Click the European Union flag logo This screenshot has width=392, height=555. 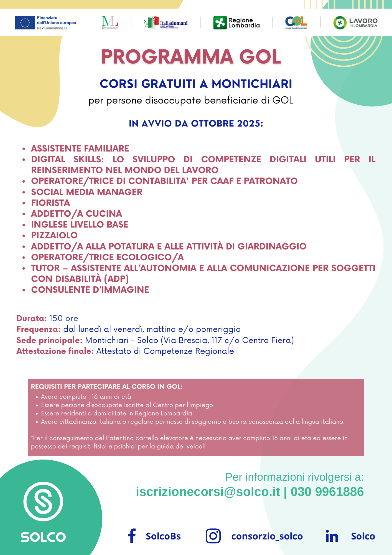click(25, 23)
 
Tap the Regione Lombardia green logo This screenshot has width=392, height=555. click(220, 23)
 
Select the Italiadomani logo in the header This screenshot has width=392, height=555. click(166, 23)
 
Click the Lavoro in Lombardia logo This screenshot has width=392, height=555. click(355, 23)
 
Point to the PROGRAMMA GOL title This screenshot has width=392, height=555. click(191, 57)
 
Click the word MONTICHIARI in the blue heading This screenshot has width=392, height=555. click(252, 84)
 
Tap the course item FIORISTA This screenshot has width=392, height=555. click(50, 203)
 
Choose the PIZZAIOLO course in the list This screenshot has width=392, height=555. click(54, 235)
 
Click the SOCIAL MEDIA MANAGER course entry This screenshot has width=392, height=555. click(87, 192)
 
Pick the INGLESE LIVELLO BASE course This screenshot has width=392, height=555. click(80, 224)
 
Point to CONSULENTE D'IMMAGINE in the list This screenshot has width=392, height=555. click(90, 290)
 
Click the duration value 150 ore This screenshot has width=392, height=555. click(64, 318)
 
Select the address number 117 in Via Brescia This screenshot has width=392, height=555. click(217, 340)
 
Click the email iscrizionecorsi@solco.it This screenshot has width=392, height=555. click(208, 492)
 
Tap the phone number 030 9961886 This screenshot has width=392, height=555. click(327, 492)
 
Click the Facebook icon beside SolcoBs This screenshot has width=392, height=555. click(132, 536)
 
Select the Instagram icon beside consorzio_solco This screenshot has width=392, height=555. click(213, 536)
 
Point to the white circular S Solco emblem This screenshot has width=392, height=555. click(43, 501)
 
